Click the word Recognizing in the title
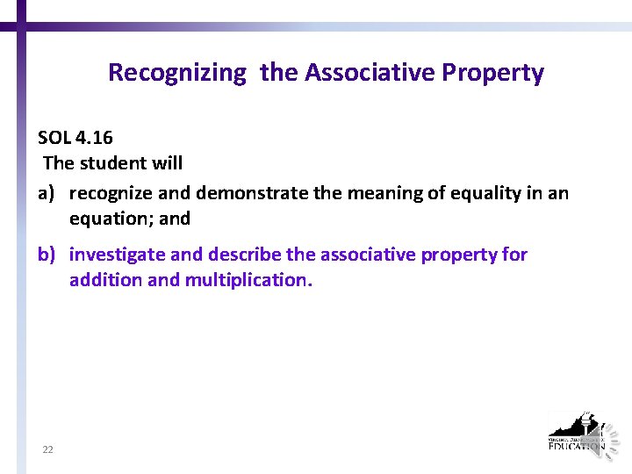pyautogui.click(x=176, y=73)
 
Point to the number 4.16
pyautogui.click(x=94, y=138)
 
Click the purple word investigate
pyautogui.click(x=118, y=255)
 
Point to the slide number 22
pyautogui.click(x=47, y=449)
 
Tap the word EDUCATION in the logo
pyautogui.click(x=575, y=446)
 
